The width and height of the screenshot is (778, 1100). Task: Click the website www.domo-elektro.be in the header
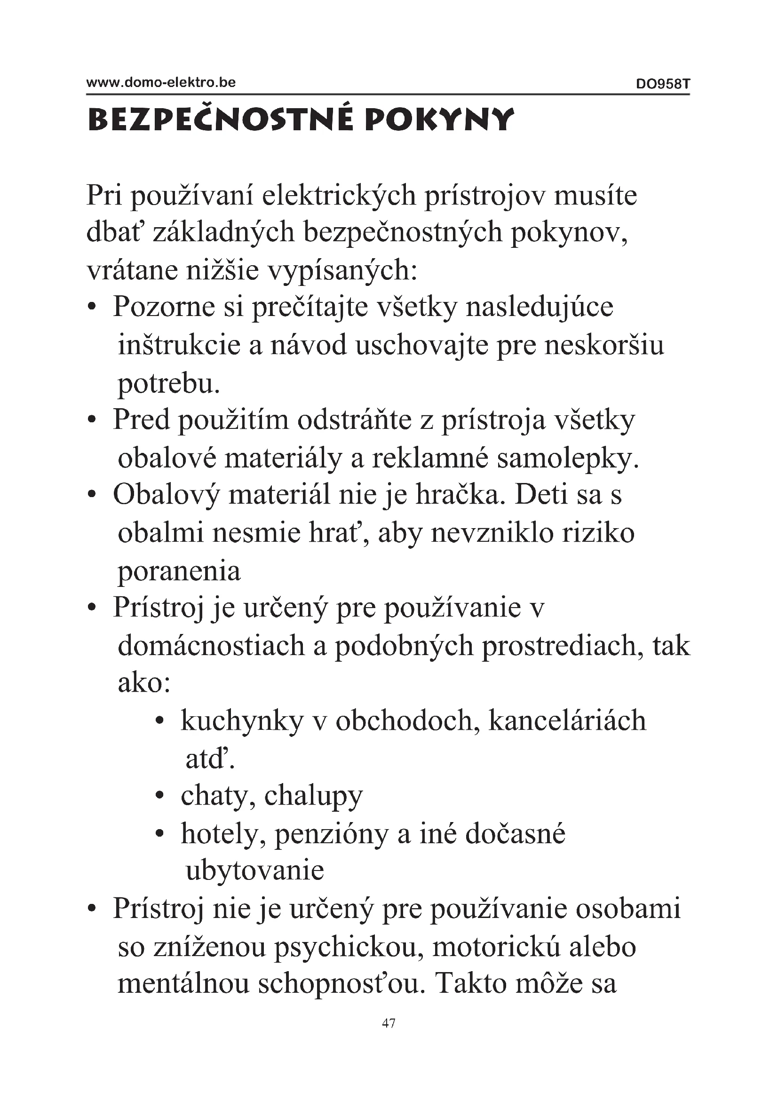pos(161,82)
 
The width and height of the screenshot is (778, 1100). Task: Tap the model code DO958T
pos(663,84)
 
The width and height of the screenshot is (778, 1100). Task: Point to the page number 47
pos(389,1023)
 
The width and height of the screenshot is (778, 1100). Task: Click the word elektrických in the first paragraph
pos(339,196)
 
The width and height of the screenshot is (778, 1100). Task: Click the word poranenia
pos(179,571)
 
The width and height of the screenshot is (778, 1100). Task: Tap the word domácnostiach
pos(211,646)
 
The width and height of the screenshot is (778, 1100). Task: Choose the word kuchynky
pos(242,721)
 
